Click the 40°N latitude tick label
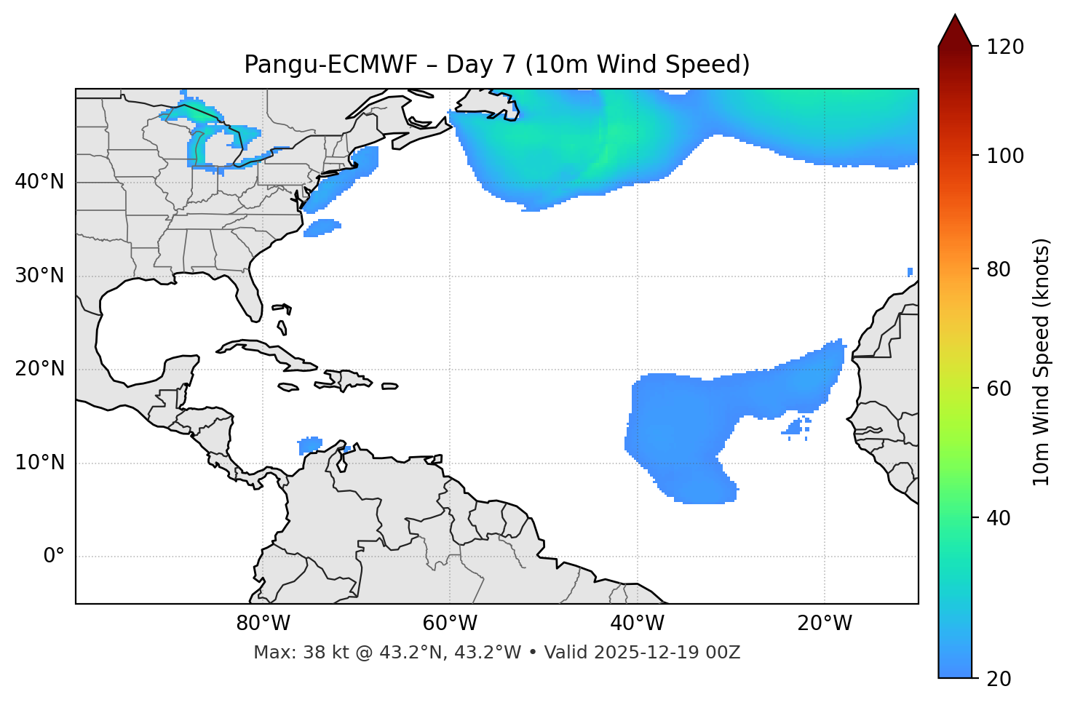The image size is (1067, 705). click(x=39, y=182)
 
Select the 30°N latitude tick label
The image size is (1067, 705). click(x=39, y=276)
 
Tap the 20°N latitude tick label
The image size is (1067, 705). click(x=39, y=369)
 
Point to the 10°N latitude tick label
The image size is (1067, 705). click(x=39, y=463)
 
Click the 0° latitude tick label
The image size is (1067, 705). click(x=54, y=557)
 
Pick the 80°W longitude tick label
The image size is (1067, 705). click(x=263, y=624)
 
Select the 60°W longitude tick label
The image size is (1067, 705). click(x=450, y=624)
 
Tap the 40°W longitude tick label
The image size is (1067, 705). click(x=637, y=624)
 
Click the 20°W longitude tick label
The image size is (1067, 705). click(x=825, y=624)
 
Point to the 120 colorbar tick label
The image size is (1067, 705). click(x=1004, y=47)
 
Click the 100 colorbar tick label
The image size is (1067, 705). click(x=1004, y=156)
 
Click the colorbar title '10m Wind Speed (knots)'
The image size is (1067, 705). click(x=1042, y=362)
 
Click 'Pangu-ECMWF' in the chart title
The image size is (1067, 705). click(x=330, y=65)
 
